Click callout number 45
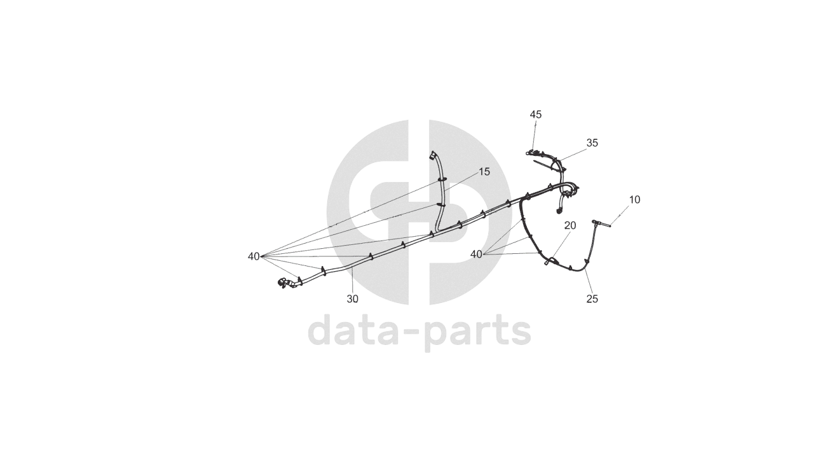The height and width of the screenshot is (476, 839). [x=536, y=115]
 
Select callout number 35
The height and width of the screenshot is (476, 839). [x=592, y=143]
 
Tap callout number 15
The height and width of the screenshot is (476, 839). [x=484, y=172]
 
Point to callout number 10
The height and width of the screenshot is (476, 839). [x=634, y=200]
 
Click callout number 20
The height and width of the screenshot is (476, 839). [x=570, y=225]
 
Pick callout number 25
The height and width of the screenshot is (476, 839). [x=592, y=298]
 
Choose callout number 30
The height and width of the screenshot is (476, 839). [x=352, y=298]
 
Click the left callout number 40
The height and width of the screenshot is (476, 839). [x=254, y=256]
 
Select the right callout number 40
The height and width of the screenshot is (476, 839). [x=476, y=255]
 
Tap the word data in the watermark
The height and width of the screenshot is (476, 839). [x=357, y=331]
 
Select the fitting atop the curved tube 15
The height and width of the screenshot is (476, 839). [x=433, y=155]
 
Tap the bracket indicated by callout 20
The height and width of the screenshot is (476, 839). [x=551, y=260]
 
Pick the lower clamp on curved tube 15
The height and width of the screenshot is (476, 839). [x=440, y=205]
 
